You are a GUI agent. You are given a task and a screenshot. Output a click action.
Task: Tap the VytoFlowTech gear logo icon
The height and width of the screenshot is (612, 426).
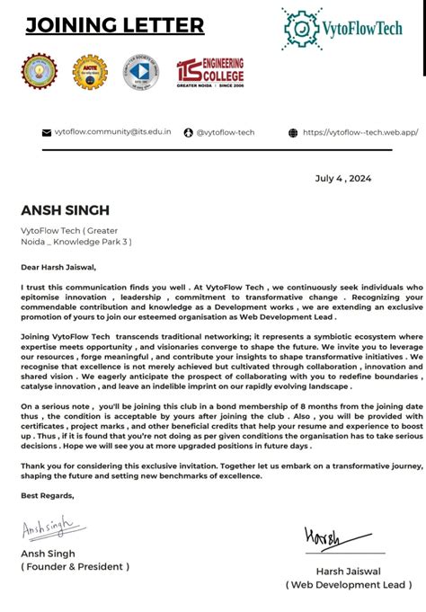coord(301,28)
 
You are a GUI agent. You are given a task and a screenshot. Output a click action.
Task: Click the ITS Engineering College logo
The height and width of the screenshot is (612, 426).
coord(210,74)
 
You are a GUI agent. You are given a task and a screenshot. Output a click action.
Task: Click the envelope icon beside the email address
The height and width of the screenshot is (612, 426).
coord(47,133)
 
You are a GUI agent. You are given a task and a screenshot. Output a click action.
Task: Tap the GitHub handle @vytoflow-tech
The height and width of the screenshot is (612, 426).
coord(225,133)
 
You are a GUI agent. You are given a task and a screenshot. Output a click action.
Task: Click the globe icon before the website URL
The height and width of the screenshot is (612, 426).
coord(293,133)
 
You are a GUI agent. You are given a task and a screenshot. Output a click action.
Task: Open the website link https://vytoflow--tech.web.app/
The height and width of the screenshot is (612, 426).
coord(360,133)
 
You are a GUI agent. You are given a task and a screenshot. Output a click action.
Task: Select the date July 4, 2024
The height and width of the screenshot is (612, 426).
coord(343,178)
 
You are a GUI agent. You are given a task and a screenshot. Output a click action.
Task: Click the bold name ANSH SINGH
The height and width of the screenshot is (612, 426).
coord(66,210)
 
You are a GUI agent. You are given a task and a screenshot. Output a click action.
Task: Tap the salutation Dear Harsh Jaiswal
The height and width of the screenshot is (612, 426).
coord(58,266)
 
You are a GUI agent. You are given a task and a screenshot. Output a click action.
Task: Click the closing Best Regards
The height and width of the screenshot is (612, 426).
coord(48,495)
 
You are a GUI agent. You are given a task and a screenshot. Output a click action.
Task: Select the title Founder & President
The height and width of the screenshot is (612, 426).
coord(75,566)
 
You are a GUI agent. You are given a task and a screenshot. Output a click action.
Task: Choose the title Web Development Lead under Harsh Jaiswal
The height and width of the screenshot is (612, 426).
coord(347,584)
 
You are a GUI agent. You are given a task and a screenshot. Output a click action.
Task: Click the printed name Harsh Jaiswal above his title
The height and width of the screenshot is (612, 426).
coord(347,571)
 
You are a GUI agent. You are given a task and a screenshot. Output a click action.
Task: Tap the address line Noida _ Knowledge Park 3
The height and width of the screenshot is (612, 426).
coord(76,242)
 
